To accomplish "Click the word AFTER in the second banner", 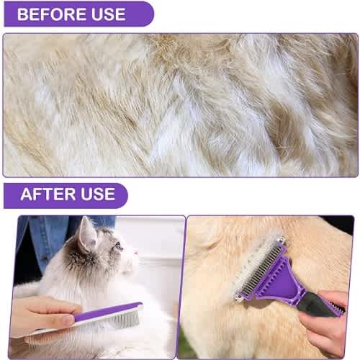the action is point(48,194).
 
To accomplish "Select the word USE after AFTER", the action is point(98,194).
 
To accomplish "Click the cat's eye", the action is point(118,246).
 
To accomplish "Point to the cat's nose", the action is point(137,253).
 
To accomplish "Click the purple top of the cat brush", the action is point(108,312).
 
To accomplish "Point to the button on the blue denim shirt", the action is point(45,259).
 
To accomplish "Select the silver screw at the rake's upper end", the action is point(281,240).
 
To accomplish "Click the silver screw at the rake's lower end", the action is point(238,298).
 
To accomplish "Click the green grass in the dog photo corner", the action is point(186,346).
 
